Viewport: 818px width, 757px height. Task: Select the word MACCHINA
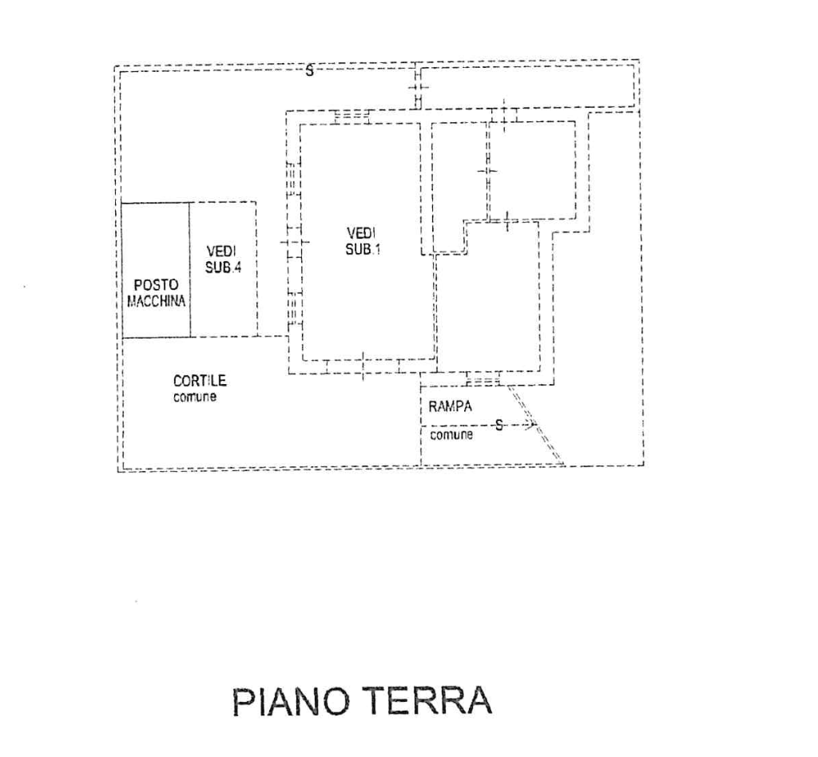pyautogui.click(x=157, y=301)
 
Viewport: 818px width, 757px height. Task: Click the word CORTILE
pyautogui.click(x=200, y=382)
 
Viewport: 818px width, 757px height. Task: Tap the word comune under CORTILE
pyautogui.click(x=195, y=396)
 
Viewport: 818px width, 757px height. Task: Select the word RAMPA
pyautogui.click(x=451, y=406)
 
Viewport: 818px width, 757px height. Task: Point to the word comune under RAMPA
pyautogui.click(x=451, y=436)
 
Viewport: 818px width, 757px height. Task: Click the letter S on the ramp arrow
pyautogui.click(x=499, y=424)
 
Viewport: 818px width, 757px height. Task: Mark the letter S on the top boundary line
pyautogui.click(x=309, y=69)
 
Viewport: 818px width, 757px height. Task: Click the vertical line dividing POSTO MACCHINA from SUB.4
pyautogui.click(x=190, y=270)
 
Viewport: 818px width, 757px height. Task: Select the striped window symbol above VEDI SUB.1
pyautogui.click(x=351, y=116)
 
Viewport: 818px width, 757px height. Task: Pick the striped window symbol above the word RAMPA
pyautogui.click(x=482, y=380)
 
